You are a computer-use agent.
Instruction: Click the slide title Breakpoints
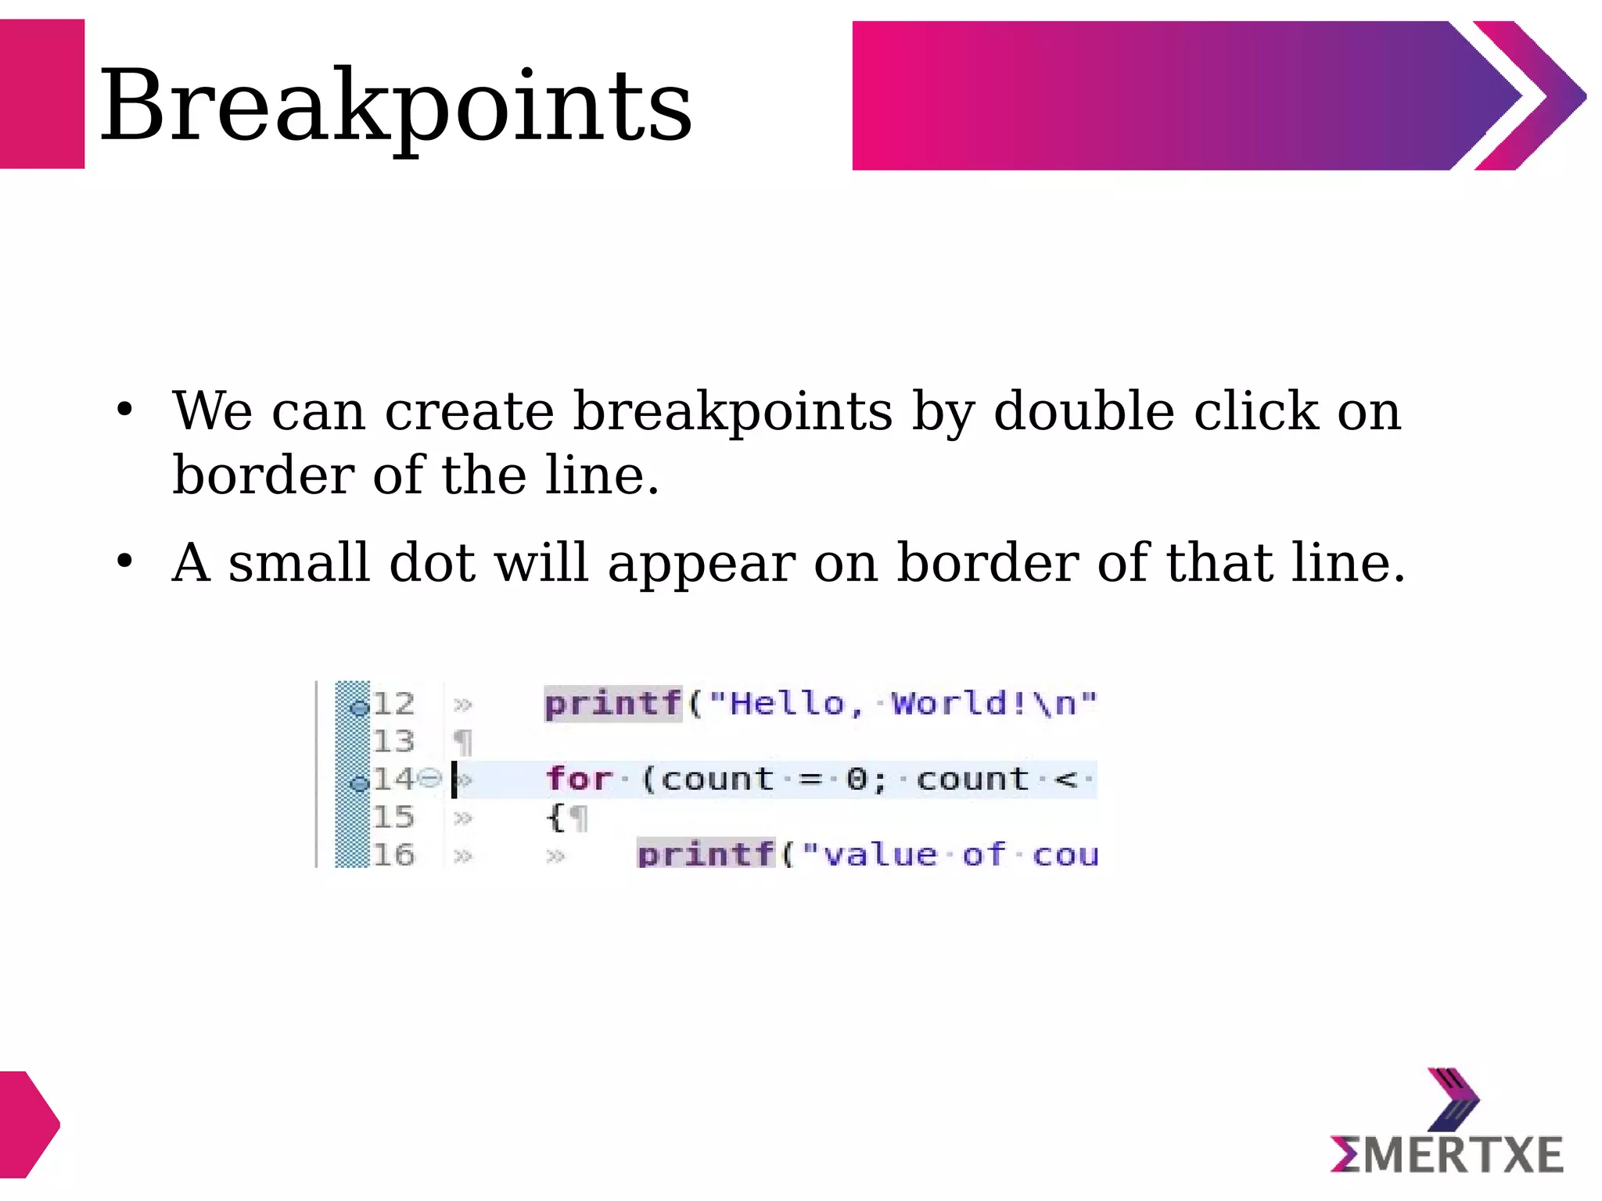pyautogui.click(x=395, y=106)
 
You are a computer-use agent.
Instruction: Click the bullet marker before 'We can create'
pyautogui.click(x=124, y=410)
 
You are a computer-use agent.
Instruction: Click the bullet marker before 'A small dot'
pyautogui.click(x=124, y=561)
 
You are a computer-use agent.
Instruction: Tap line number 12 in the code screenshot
pyautogui.click(x=393, y=704)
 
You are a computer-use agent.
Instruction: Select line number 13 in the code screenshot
pyautogui.click(x=393, y=741)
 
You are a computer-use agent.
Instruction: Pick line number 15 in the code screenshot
pyautogui.click(x=393, y=817)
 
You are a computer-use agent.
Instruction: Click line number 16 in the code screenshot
pyautogui.click(x=393, y=855)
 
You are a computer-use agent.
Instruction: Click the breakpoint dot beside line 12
pyautogui.click(x=359, y=708)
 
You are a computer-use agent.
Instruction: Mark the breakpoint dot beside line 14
pyautogui.click(x=359, y=783)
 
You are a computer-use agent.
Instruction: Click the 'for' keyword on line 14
pyautogui.click(x=579, y=779)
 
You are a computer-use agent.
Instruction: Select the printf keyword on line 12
pyautogui.click(x=612, y=704)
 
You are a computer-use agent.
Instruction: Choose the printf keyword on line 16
pyautogui.click(x=706, y=855)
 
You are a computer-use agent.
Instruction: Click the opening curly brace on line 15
pyautogui.click(x=555, y=818)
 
